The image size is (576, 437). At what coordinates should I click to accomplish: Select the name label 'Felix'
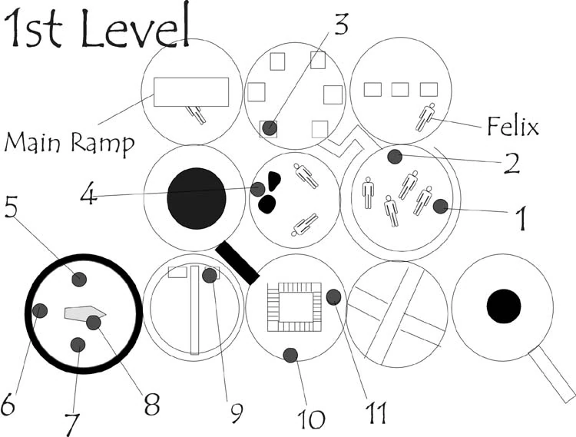click(x=513, y=126)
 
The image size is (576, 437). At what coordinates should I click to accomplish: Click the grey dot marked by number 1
click(x=441, y=207)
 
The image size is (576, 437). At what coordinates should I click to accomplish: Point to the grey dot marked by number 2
click(x=395, y=157)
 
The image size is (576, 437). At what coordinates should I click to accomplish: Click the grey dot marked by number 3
click(x=270, y=128)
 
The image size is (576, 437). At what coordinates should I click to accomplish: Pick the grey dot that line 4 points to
click(x=257, y=190)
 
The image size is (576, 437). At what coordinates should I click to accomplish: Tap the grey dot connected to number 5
click(x=79, y=280)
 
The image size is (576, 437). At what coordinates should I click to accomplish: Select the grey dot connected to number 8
click(x=94, y=323)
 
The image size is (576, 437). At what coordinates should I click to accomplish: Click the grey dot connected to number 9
click(x=210, y=276)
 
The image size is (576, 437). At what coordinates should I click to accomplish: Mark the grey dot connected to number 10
click(x=290, y=355)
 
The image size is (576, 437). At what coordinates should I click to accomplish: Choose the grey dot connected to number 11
click(x=333, y=297)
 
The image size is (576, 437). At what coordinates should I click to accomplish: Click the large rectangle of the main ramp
click(x=191, y=92)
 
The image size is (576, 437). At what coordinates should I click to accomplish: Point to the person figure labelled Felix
click(x=425, y=117)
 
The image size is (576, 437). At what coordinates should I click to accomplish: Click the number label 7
click(x=71, y=425)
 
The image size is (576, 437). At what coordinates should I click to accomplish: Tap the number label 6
click(x=8, y=404)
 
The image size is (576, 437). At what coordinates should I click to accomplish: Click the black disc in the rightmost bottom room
click(x=504, y=306)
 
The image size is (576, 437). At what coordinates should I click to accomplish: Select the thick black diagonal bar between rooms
click(x=237, y=263)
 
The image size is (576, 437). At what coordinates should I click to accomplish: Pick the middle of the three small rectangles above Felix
click(x=400, y=90)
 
